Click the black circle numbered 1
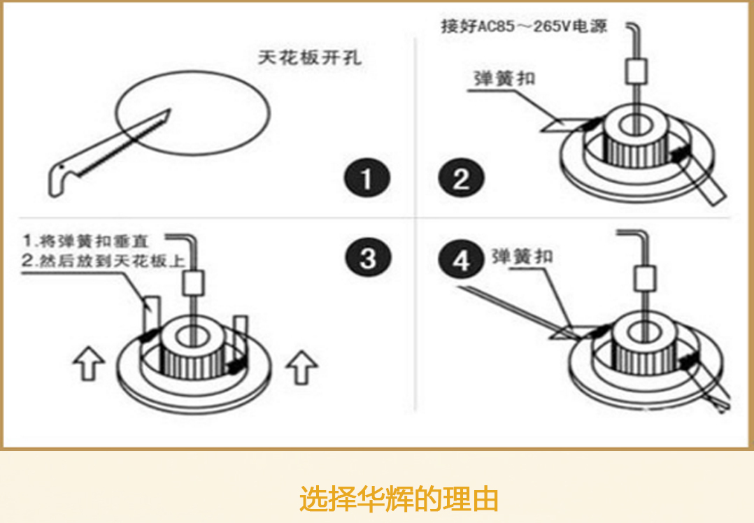coord(367,180)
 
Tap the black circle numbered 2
coord(461,180)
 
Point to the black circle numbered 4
coord(461,261)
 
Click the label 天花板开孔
coord(310,58)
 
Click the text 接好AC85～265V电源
coord(524,27)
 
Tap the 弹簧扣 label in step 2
coord(504,78)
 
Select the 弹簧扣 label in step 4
coord(522,256)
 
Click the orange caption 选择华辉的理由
coord(399,499)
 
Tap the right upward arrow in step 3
coord(304,366)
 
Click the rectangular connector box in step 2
coord(636,71)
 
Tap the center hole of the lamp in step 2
coord(636,124)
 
